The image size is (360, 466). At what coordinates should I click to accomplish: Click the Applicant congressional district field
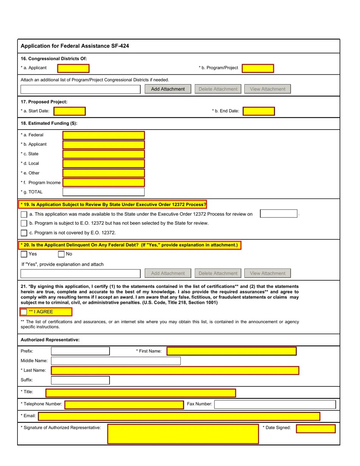tap(73, 68)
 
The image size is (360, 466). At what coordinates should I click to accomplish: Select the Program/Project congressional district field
tap(258, 68)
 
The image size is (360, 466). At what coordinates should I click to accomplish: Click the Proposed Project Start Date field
tap(69, 111)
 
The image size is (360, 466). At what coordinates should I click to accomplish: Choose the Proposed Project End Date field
tap(258, 111)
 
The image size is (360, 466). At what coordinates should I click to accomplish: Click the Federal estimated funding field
tap(103, 135)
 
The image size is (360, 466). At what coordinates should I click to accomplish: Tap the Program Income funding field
tap(103, 183)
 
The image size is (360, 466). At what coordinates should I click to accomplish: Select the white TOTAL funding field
tap(103, 192)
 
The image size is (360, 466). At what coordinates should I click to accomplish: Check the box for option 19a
tap(24, 214)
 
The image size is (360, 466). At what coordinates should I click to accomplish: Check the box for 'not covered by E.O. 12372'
tap(24, 233)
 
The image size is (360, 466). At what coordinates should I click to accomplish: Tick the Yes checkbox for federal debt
tap(24, 254)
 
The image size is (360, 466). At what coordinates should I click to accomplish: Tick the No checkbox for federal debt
tap(61, 254)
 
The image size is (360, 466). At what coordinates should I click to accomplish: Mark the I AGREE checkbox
tap(24, 312)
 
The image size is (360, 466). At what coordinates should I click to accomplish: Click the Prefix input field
tap(80, 351)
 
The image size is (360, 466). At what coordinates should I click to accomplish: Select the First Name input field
tap(231, 351)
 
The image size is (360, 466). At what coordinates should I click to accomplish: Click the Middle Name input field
tap(116, 361)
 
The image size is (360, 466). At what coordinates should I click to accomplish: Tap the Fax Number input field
tap(275, 404)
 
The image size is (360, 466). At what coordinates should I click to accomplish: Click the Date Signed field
tap(316, 429)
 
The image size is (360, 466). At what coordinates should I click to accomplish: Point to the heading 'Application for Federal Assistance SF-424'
tap(75, 46)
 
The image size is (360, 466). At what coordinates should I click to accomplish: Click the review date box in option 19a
tap(279, 214)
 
